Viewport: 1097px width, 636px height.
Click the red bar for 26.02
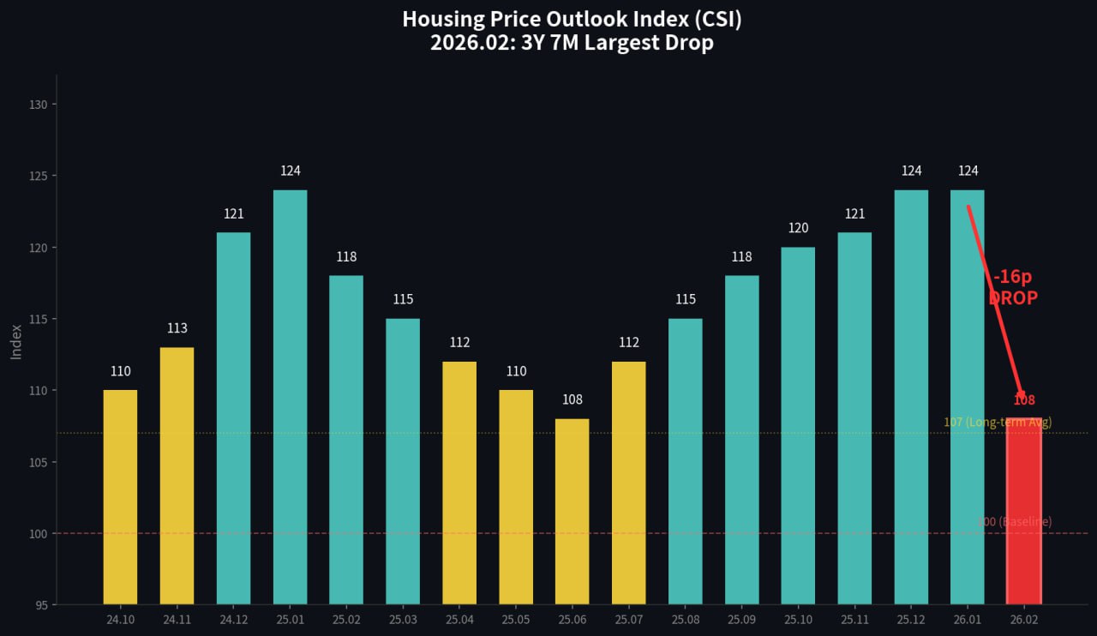(x=1024, y=512)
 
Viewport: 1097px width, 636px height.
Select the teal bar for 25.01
(x=290, y=397)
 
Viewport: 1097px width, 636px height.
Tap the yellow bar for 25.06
(x=572, y=512)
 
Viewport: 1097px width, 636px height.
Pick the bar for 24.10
(x=120, y=497)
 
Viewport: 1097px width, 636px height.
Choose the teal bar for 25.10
(x=798, y=426)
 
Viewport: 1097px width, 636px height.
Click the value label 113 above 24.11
(x=177, y=328)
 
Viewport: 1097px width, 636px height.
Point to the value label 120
(x=798, y=228)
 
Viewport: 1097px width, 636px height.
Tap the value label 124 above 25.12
(x=911, y=171)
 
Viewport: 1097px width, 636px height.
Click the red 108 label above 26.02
(x=1024, y=400)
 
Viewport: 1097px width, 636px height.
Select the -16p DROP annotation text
(x=1013, y=288)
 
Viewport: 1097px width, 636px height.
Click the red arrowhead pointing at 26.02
(x=1020, y=393)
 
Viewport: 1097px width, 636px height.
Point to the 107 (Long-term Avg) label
(x=997, y=422)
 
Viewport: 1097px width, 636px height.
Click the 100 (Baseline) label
(x=1014, y=521)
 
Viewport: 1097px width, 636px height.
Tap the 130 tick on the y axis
(x=38, y=105)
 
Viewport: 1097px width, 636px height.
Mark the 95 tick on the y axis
(x=41, y=605)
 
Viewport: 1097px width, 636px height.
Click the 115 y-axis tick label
(x=38, y=319)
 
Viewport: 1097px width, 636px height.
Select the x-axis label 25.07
(x=628, y=620)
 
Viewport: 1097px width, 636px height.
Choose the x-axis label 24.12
(x=233, y=620)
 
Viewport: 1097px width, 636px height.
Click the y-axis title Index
(x=16, y=341)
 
